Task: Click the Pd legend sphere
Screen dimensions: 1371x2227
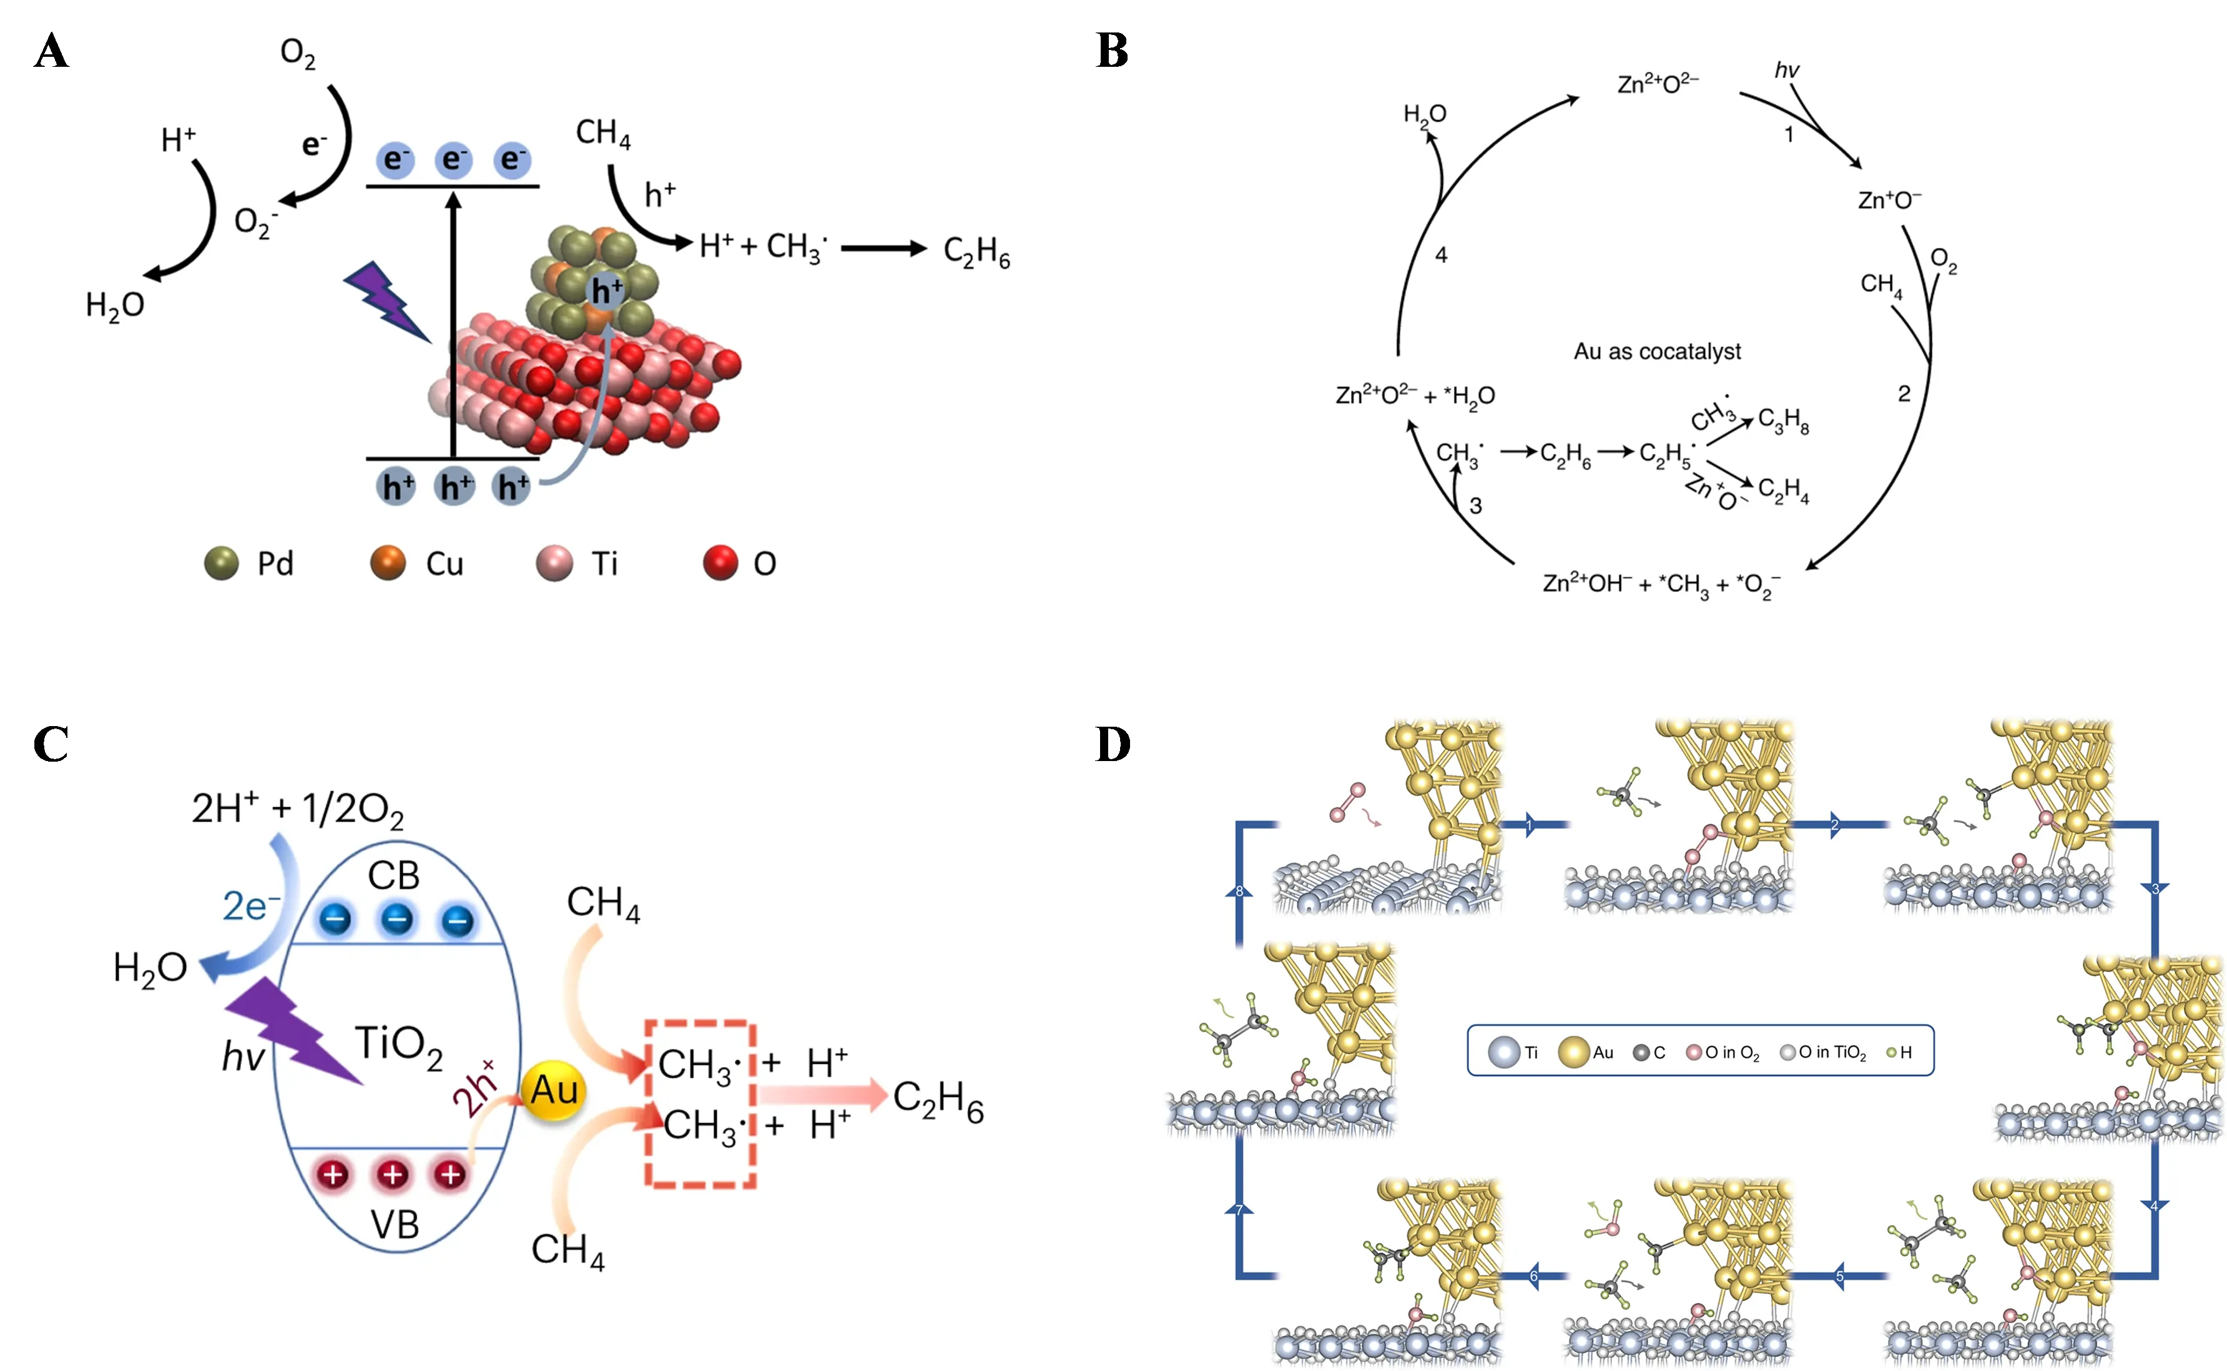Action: click(x=221, y=563)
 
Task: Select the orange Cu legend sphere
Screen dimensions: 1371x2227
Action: click(x=388, y=563)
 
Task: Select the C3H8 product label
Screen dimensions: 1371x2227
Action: click(x=1782, y=421)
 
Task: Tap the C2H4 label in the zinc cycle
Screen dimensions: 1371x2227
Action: click(x=1782, y=491)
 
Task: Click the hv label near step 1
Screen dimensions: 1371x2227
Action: click(x=1786, y=71)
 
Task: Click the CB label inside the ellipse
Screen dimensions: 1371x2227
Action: click(x=393, y=876)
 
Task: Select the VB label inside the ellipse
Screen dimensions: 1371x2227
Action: click(x=395, y=1225)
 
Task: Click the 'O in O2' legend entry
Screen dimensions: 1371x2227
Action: click(x=1723, y=1053)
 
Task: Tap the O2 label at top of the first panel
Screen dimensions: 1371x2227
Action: click(x=297, y=54)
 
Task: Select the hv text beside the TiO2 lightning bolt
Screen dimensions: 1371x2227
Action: click(x=243, y=1057)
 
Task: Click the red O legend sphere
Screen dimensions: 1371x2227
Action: click(x=721, y=563)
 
